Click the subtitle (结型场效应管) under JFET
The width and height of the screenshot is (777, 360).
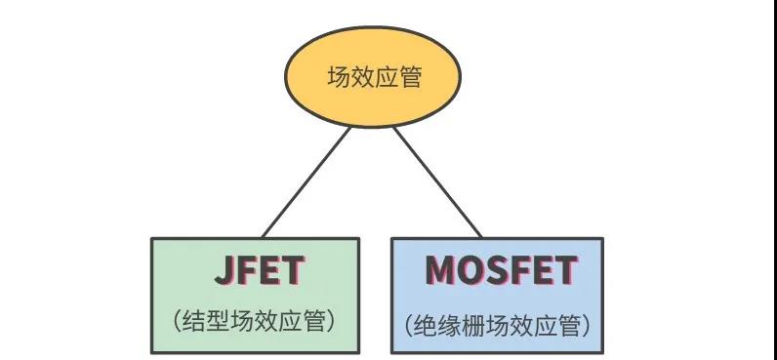(x=256, y=321)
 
